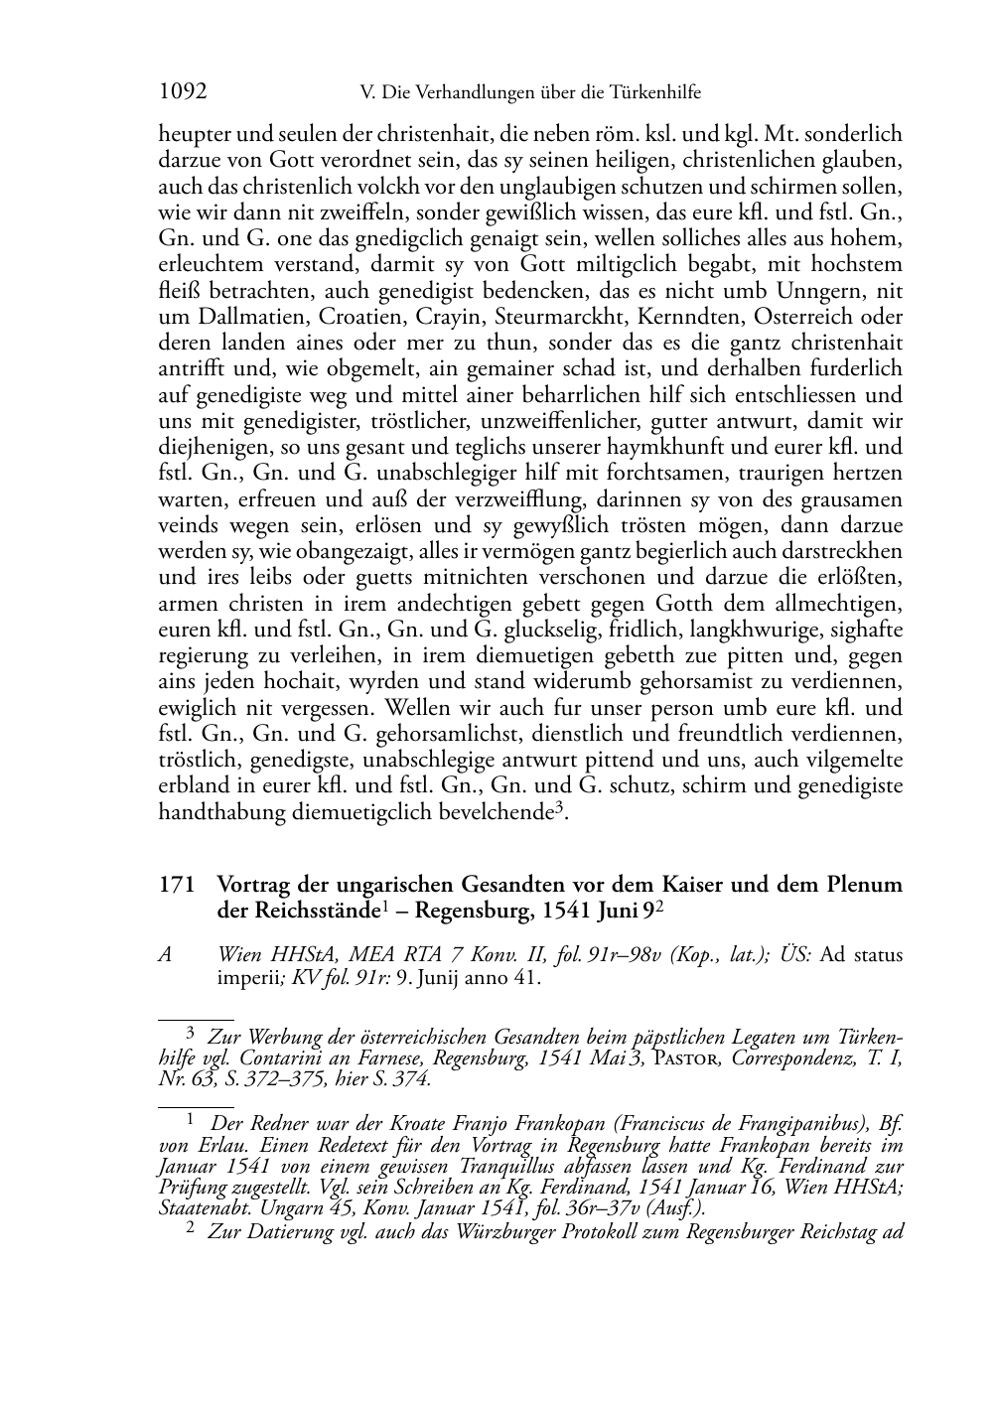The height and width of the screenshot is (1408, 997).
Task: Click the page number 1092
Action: (183, 92)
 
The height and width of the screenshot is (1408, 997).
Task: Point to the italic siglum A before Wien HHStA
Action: (166, 955)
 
